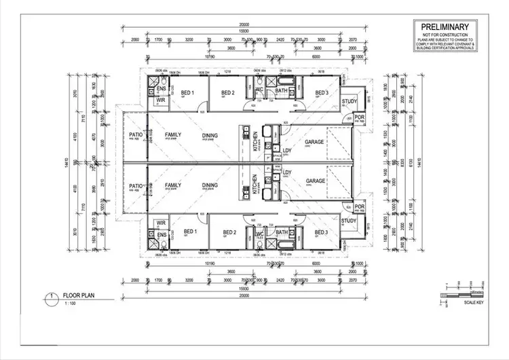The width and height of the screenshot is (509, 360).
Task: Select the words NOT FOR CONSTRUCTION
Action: click(x=447, y=36)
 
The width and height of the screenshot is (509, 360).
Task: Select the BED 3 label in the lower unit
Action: click(x=322, y=232)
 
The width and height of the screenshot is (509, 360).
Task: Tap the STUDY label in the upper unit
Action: click(x=349, y=103)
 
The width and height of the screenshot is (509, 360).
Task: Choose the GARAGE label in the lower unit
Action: click(x=315, y=181)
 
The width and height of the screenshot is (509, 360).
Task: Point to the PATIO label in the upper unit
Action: click(x=136, y=135)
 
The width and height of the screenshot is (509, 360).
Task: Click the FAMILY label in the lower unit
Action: click(x=173, y=185)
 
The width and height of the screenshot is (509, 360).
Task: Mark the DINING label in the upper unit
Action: click(x=210, y=135)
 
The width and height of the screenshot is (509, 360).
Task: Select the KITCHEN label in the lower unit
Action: click(x=255, y=183)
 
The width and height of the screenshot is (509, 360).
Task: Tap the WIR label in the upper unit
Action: click(x=160, y=100)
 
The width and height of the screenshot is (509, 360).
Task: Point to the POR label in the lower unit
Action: click(x=359, y=208)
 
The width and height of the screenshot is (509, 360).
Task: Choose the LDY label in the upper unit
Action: click(x=286, y=151)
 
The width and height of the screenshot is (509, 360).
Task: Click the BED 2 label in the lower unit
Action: click(x=228, y=232)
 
